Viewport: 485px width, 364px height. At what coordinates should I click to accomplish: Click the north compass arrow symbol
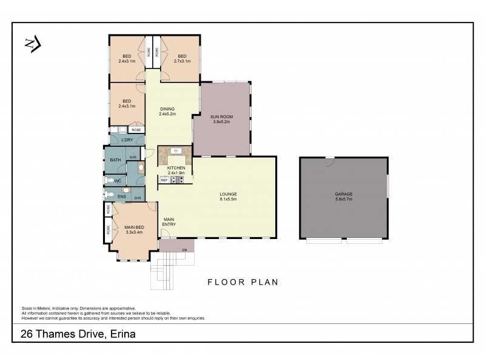click(x=32, y=44)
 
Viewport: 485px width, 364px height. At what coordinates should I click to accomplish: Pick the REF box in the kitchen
click(x=164, y=180)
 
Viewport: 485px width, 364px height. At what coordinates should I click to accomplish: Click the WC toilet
click(x=110, y=181)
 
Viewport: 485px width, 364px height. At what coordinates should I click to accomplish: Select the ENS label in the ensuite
click(x=122, y=197)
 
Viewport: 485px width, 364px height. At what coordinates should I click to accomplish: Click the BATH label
click(x=115, y=160)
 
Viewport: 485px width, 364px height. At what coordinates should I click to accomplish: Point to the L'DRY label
click(x=127, y=140)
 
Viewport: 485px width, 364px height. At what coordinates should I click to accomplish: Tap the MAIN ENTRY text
click(x=169, y=222)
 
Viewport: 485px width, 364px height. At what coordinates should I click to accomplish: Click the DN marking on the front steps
click(x=184, y=250)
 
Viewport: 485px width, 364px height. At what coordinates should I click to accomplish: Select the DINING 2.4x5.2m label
click(x=167, y=111)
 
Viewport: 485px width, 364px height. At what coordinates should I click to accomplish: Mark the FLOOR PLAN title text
click(x=242, y=282)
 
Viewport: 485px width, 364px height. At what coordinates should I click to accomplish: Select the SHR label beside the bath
click(x=133, y=158)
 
